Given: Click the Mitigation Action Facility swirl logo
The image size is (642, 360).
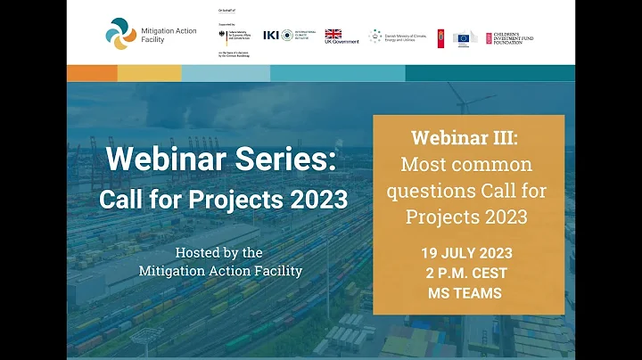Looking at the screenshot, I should click(120, 34).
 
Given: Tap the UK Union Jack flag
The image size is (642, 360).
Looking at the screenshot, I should click(333, 34).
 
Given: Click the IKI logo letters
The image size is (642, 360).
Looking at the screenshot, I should click(270, 35).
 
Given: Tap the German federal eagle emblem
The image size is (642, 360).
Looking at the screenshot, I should click(222, 37).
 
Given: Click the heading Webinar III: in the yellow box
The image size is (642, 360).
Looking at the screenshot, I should click(467, 139).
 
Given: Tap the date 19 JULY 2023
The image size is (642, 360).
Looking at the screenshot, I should click(468, 253).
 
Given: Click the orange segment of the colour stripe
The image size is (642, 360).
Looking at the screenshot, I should click(92, 73).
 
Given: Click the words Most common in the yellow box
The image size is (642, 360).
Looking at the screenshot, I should click(466, 165).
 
